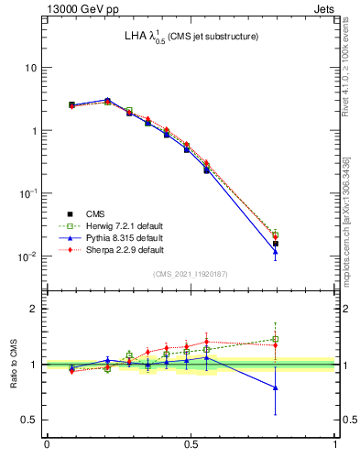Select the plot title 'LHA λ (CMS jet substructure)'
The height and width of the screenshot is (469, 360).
(x=191, y=37)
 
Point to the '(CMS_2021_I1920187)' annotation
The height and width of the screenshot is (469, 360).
(x=191, y=274)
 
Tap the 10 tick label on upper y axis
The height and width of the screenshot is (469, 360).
(x=30, y=68)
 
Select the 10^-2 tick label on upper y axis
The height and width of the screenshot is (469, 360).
(x=27, y=256)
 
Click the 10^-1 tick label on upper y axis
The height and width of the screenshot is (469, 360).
(x=27, y=193)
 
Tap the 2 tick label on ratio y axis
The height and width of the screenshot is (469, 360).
(x=35, y=309)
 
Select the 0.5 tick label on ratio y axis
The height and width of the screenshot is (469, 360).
(x=30, y=420)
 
